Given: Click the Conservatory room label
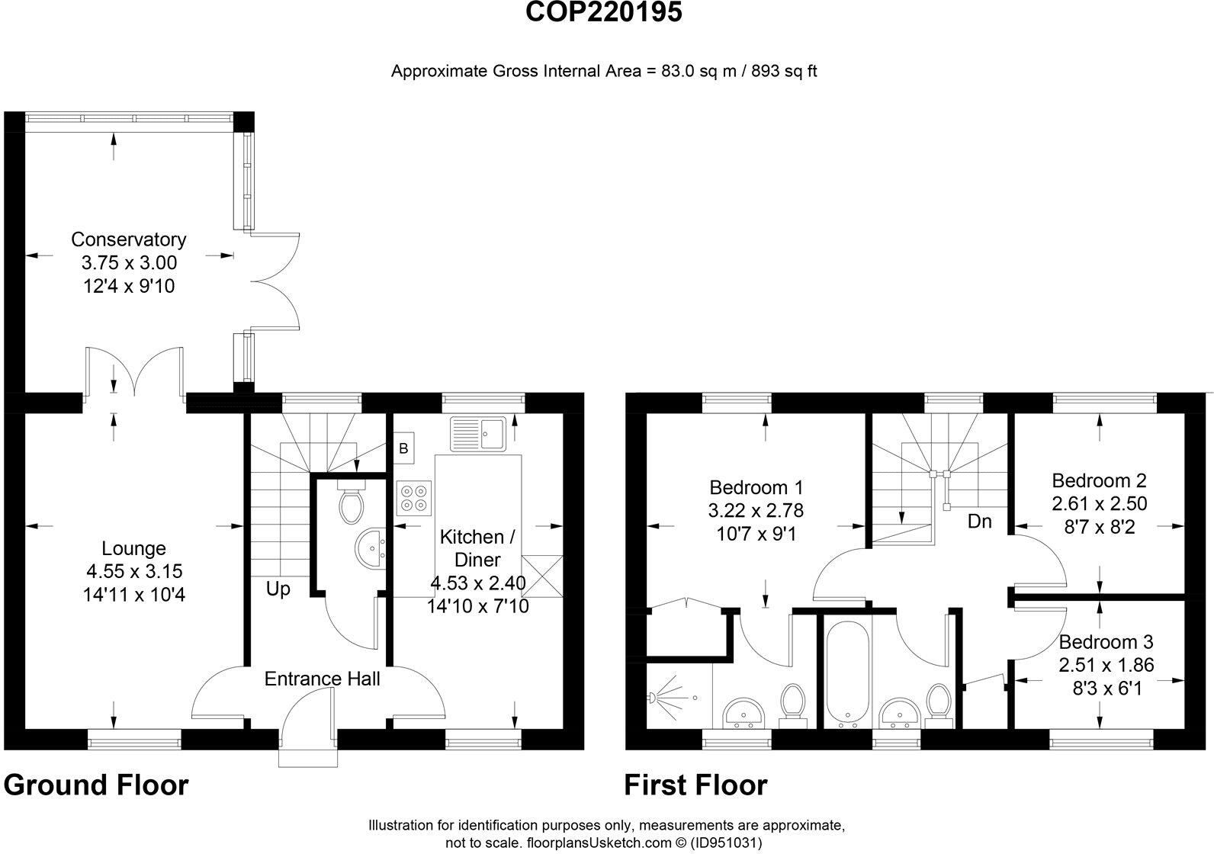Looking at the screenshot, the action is tap(128, 239).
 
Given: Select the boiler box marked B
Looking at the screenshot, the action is tap(403, 448).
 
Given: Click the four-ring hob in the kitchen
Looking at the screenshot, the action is tap(414, 497).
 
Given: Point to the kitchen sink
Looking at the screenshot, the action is tap(478, 433).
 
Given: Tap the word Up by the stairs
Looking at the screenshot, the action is tap(278, 589).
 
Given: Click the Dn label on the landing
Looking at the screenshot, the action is tap(979, 522).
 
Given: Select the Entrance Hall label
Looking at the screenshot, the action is tap(322, 679).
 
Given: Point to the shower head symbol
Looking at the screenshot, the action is tap(654, 697).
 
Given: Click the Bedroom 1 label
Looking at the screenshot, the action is tap(756, 486).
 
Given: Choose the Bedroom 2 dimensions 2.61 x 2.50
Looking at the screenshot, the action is tap(1099, 504).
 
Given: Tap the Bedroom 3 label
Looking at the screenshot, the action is tap(1106, 641).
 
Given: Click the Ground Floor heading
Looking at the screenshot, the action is tap(96, 785).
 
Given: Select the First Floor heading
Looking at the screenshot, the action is tap(695, 785).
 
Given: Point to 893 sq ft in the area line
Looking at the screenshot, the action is tap(784, 72).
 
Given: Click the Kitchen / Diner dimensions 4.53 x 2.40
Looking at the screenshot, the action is tap(478, 583).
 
